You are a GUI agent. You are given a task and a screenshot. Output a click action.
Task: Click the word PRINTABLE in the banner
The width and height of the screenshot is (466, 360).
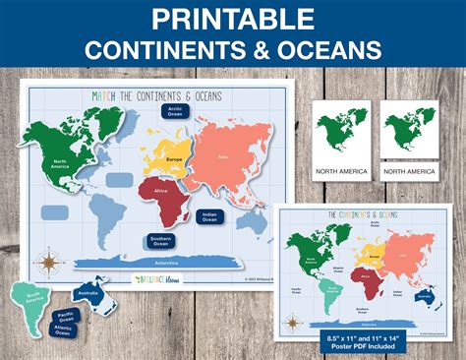pos(232,20)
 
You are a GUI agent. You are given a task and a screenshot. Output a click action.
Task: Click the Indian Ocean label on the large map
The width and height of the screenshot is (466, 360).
pos(209,216)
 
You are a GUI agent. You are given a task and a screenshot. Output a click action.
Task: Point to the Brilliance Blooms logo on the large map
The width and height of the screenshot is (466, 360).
pos(157,279)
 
